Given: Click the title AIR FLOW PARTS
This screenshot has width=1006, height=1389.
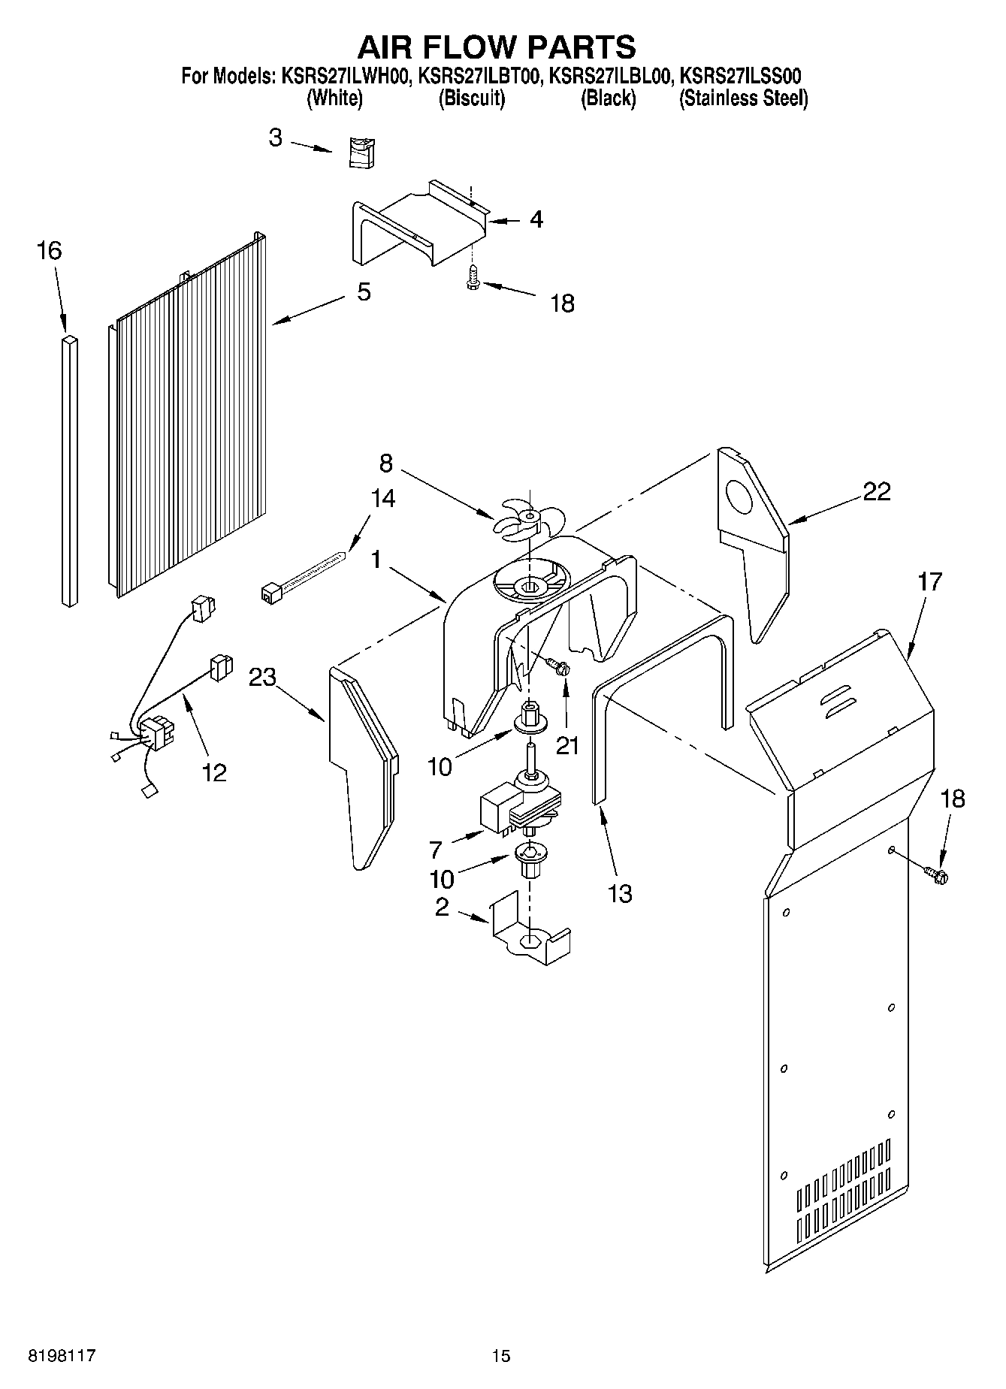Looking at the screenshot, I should (x=497, y=47).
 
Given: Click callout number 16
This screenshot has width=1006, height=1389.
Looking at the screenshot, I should (x=49, y=251).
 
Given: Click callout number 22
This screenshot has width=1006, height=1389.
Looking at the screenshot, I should (x=876, y=491).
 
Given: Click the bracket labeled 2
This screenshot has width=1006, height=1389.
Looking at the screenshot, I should (x=530, y=932).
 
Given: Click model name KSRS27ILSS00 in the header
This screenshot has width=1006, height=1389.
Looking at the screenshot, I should (x=742, y=76).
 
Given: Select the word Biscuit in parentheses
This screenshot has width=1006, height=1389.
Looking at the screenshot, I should (x=472, y=98).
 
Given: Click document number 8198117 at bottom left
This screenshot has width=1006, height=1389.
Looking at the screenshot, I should (x=62, y=1356).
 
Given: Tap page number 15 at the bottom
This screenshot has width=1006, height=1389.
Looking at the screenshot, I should (x=500, y=1356).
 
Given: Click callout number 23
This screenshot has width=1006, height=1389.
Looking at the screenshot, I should (x=263, y=678).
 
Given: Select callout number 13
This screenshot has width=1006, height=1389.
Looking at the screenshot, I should (x=620, y=893).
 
